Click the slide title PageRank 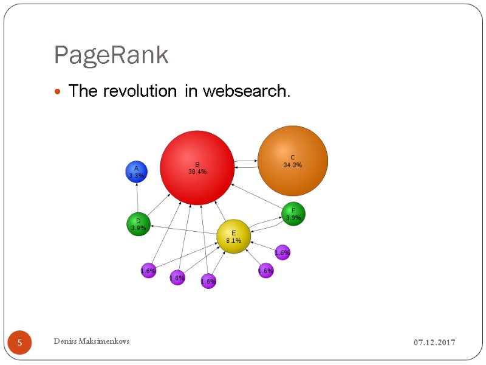(x=111, y=55)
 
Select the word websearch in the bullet (x=246, y=91)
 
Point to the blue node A (x=137, y=172)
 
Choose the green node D (x=139, y=224)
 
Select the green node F (x=293, y=214)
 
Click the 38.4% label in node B (x=197, y=172)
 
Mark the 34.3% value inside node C (x=292, y=165)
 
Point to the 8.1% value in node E (x=233, y=240)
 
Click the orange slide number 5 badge (x=19, y=344)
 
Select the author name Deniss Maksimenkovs (x=91, y=341)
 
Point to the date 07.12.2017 (x=434, y=343)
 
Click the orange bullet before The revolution (x=58, y=92)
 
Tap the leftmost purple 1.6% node (x=148, y=271)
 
